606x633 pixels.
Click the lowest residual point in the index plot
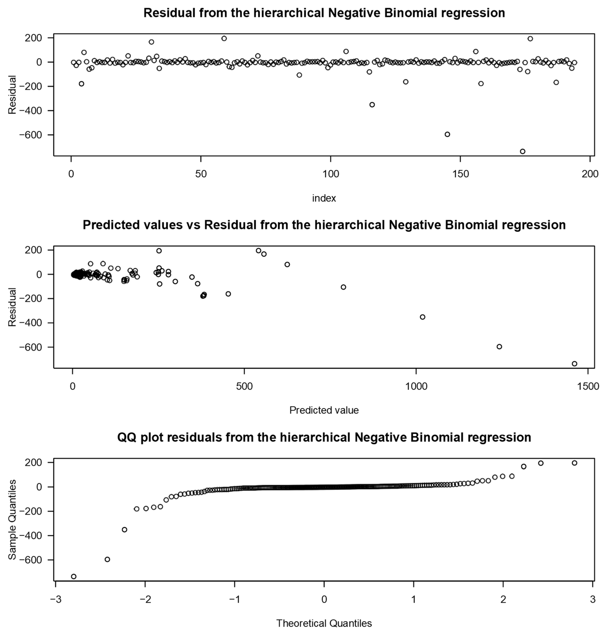click(x=522, y=151)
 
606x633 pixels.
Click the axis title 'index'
click(x=324, y=198)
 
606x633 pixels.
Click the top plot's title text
click(x=324, y=13)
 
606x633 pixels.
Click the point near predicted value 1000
click(x=422, y=317)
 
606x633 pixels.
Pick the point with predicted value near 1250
click(x=499, y=346)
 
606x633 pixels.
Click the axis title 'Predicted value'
click(x=324, y=410)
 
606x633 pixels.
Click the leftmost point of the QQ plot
click(x=74, y=577)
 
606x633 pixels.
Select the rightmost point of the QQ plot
click(x=574, y=463)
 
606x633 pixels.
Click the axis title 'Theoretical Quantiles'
click(x=324, y=623)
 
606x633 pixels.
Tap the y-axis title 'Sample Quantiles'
click(x=12, y=520)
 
